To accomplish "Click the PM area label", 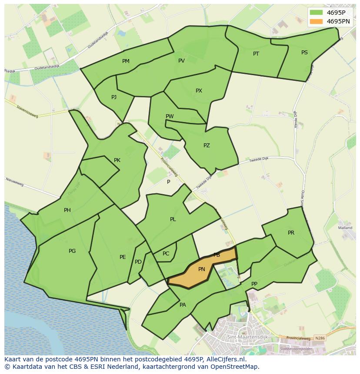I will tap(126, 61).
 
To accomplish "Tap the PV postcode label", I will tap(182, 61).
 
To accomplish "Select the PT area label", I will tap(256, 54).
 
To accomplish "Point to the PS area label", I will tap(304, 53).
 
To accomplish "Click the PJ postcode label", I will tap(114, 97).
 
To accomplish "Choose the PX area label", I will tap(199, 91).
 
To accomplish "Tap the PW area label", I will tap(170, 116).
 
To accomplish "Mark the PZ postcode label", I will tap(207, 146).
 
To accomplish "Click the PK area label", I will tap(117, 160).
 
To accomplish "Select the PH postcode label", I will tap(67, 210).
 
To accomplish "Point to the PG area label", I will tap(72, 251).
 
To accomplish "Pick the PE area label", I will tap(123, 257).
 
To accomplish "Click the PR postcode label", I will tap(291, 233).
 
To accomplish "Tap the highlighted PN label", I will tap(201, 269).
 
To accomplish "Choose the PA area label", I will tap(183, 305).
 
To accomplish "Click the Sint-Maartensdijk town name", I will tap(247, 337).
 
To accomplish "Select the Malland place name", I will tap(345, 228).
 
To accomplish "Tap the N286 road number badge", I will tap(320, 338).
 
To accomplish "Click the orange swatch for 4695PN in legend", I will tap(317, 21).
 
